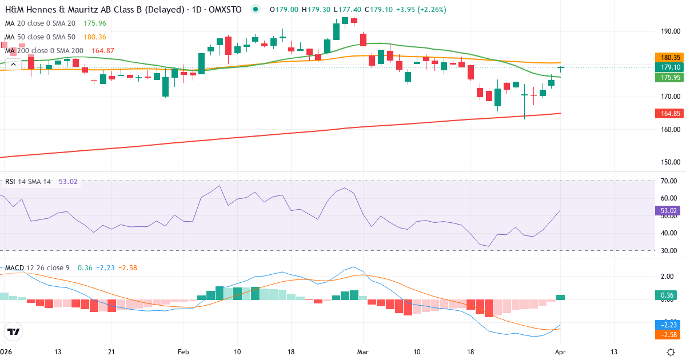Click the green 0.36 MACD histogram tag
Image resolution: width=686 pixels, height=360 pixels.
pos(666,295)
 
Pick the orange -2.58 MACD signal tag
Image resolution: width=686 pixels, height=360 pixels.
pos(666,334)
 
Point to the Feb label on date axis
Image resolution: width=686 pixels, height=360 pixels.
pos(183,352)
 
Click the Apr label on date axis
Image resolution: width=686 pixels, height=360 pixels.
pos(560,352)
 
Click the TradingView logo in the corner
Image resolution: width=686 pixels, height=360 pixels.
pos(14,331)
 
